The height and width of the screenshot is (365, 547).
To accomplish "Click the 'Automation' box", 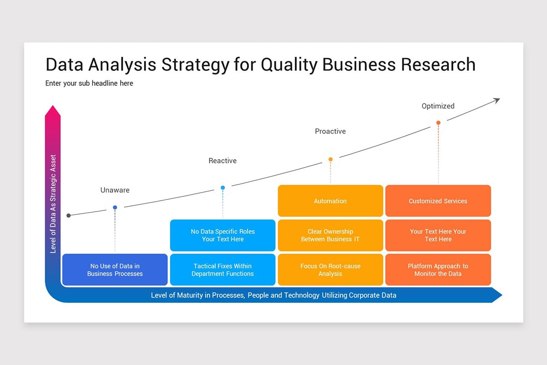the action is coord(330,201).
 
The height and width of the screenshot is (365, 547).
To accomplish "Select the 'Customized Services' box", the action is coord(438,201).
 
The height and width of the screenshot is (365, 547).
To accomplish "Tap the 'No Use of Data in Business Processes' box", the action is coord(115,270).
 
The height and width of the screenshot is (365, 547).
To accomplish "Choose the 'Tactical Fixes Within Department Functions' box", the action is coord(223,270).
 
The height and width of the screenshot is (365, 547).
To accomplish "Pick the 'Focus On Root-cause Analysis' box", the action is coord(330,270).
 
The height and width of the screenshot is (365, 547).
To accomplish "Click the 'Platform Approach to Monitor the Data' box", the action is coord(438,270).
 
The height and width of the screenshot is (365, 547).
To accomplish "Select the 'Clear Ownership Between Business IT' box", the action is coord(330,235).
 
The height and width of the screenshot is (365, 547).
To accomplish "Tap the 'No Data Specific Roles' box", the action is coord(223,235).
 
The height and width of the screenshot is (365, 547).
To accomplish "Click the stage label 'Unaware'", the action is coord(115,190).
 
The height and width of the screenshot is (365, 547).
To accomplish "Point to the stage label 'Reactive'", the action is coord(222,161).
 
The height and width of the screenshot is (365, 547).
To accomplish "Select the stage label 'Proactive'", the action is coord(330,131).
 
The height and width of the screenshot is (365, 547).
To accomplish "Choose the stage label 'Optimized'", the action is coord(438,106).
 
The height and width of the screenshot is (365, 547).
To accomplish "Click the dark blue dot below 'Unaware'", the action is coord(115,208).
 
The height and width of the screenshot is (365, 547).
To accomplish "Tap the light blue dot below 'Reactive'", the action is coord(223,188).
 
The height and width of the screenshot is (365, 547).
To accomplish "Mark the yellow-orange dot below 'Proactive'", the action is coord(330,159).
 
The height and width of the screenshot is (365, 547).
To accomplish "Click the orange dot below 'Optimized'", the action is coord(439,123).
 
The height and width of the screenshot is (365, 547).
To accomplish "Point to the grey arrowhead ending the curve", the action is coord(497,100).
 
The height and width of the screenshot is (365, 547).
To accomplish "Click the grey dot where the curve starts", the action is coord(69,215).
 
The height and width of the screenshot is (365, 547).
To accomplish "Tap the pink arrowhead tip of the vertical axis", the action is coord(53,105).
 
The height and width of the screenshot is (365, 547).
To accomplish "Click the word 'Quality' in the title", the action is coord(289,65).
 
